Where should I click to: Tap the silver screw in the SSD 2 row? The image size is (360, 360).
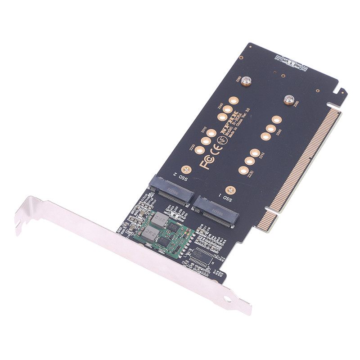coord(245,81)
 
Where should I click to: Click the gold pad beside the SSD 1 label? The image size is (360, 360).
coord(229,190)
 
